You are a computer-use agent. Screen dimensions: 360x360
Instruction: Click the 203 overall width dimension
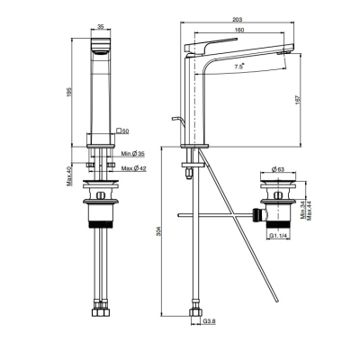pyautogui.click(x=238, y=20)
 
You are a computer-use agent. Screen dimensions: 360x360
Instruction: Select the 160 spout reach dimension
pyautogui.click(x=239, y=30)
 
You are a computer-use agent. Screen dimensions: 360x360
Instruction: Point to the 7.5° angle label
pyautogui.click(x=239, y=67)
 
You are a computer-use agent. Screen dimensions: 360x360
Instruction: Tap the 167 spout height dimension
pyautogui.click(x=297, y=100)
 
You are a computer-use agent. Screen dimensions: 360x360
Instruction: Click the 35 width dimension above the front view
pyautogui.click(x=101, y=27)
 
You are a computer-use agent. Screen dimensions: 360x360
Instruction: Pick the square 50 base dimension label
pyautogui.click(x=123, y=131)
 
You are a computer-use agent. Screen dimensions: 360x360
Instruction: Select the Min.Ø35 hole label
pyautogui.click(x=133, y=154)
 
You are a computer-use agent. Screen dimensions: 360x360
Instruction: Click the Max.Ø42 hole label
pyautogui.click(x=134, y=168)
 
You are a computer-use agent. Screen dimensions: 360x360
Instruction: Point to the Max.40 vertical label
pyautogui.click(x=69, y=176)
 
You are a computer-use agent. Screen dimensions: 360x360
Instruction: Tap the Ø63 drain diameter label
pyautogui.click(x=278, y=169)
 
